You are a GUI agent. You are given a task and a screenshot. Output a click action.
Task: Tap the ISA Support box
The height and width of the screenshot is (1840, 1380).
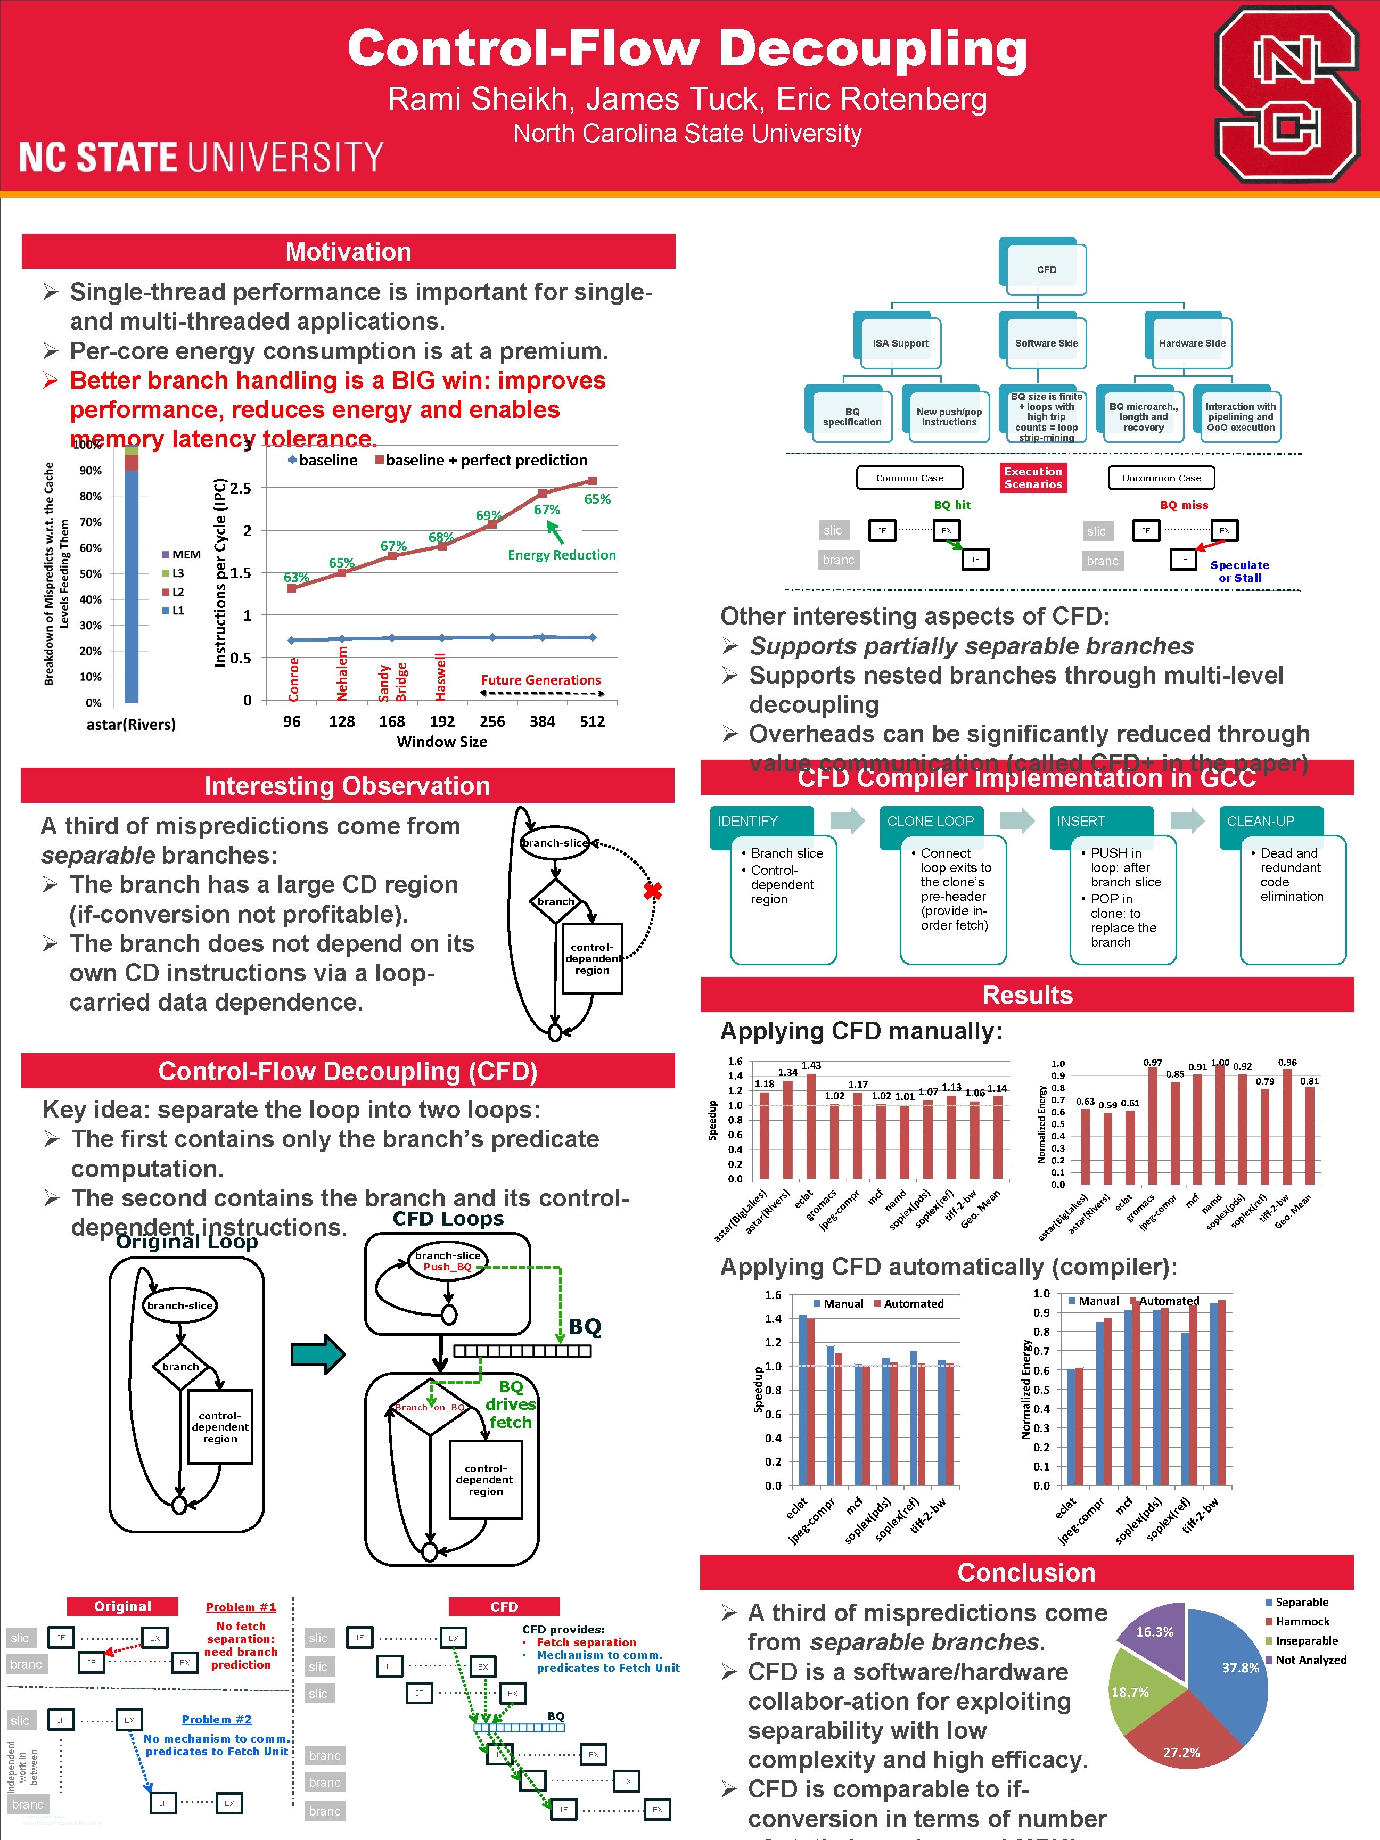point(900,343)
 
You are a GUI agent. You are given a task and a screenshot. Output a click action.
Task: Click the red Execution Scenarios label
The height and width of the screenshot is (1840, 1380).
point(1032,478)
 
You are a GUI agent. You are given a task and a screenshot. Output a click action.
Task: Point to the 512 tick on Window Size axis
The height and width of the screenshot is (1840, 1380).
point(592,721)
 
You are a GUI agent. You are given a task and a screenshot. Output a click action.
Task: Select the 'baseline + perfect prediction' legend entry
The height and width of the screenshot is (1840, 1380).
point(482,460)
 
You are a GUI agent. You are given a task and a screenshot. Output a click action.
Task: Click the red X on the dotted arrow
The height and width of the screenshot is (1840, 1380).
point(652,891)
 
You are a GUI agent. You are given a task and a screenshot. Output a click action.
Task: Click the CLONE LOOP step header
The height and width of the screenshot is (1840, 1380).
point(930,821)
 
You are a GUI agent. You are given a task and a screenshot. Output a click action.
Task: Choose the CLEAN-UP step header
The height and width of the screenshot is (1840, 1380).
point(1260,821)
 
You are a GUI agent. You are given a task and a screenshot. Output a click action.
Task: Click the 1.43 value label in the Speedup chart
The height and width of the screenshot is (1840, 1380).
point(811,1065)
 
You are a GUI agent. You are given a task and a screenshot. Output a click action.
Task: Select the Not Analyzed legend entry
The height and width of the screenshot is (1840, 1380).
point(1310,1660)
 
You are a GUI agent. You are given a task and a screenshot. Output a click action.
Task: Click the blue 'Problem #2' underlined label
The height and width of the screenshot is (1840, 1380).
point(216,1719)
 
